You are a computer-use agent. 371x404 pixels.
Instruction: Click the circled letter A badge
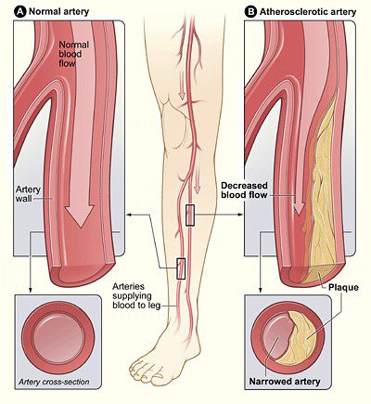(8, 12)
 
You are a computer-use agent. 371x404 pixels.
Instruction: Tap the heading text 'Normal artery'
(51, 12)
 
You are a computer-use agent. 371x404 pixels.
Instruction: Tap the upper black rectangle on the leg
(189, 215)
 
